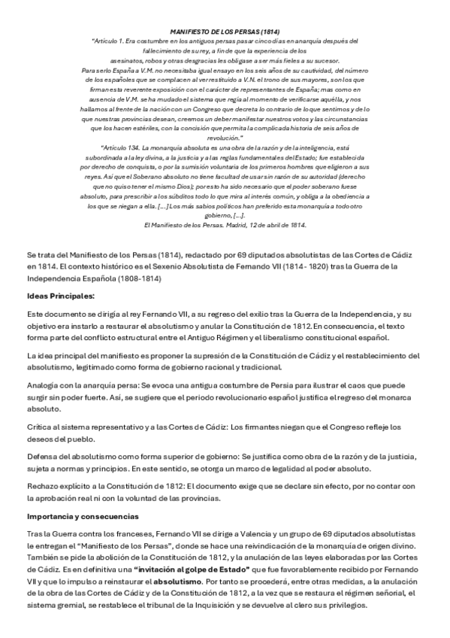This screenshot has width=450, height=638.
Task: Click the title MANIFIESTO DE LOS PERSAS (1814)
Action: pos(225,32)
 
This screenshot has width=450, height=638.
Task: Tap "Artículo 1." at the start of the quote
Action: pos(112,41)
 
